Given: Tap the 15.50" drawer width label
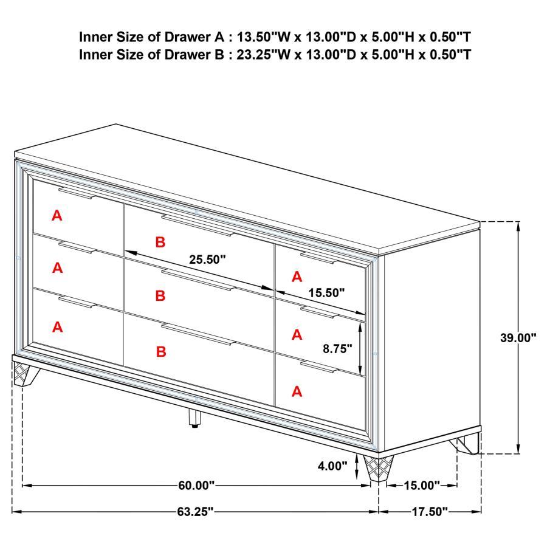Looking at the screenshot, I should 325,292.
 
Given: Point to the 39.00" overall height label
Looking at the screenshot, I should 518,338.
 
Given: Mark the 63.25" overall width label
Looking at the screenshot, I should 195,512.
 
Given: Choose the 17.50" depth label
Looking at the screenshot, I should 429,512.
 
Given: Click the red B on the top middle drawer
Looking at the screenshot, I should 160,243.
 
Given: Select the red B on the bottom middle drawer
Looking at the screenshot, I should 160,351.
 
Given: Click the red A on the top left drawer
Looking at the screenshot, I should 57,215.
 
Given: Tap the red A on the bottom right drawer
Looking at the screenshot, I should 297,392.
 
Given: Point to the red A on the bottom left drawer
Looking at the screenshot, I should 57,327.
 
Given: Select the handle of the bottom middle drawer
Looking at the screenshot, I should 197,335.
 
